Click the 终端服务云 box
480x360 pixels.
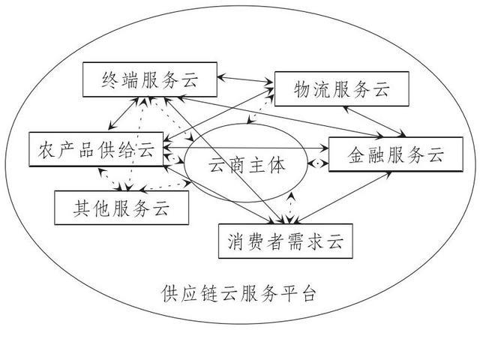(149, 79)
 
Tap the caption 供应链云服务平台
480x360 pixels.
(239, 292)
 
